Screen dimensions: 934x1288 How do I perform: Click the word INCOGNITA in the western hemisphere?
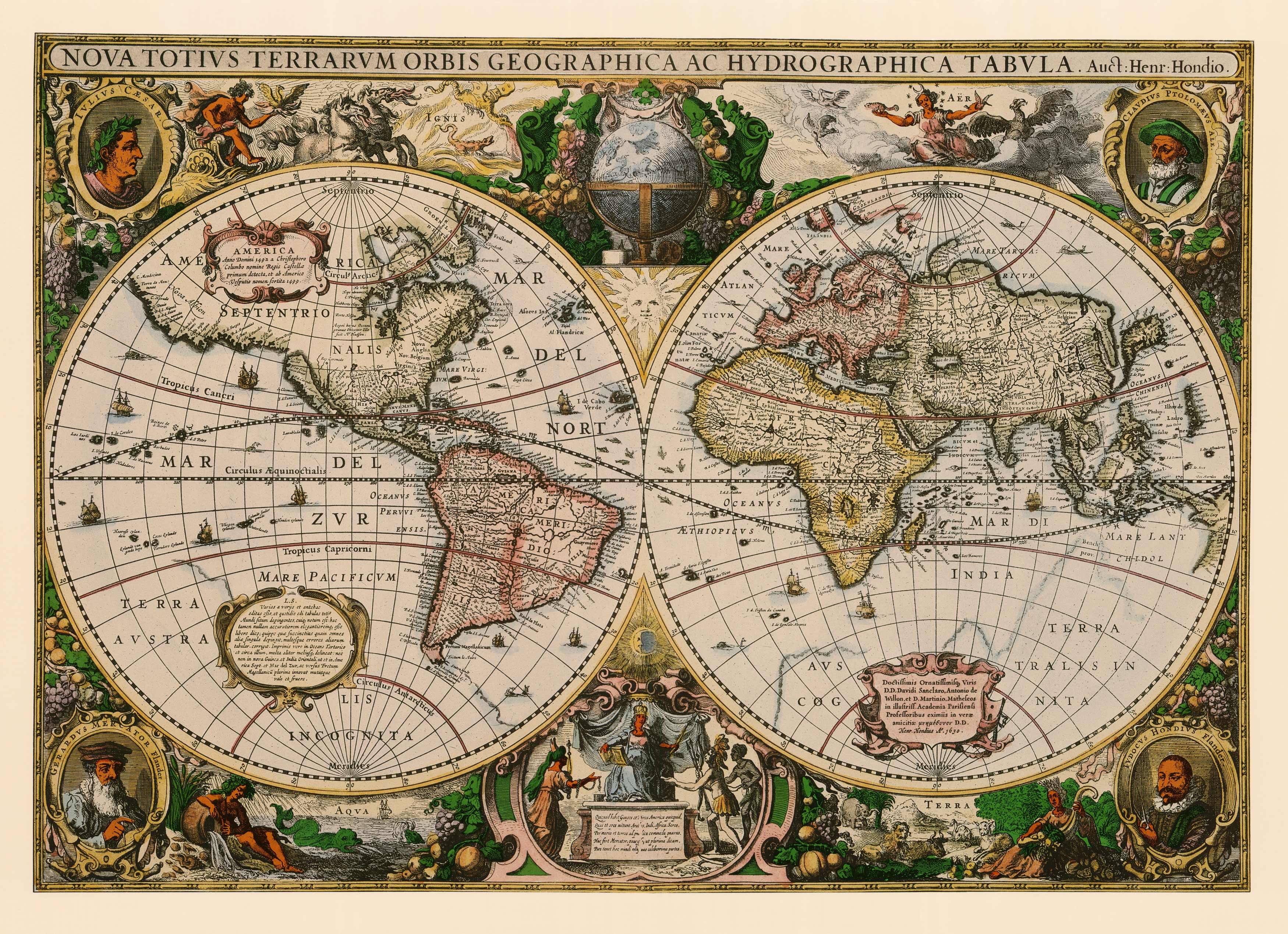click(351, 737)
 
